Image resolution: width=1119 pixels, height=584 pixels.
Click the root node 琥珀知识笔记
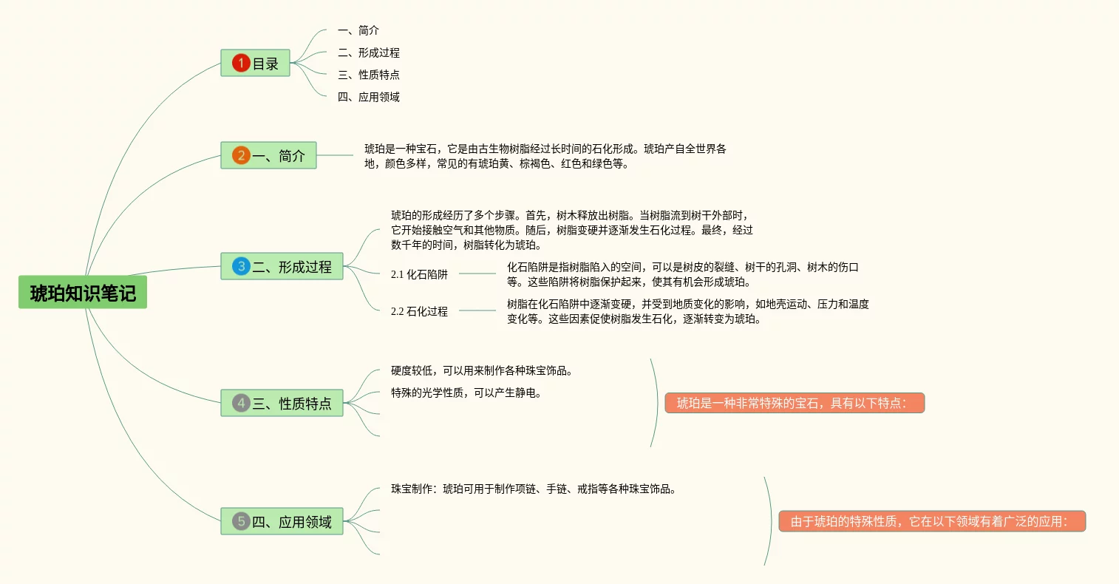click(x=83, y=293)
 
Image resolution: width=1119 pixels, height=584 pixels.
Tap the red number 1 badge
click(x=241, y=64)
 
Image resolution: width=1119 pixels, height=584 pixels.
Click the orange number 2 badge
click(x=241, y=155)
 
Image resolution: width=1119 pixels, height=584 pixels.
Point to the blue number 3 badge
click(x=241, y=266)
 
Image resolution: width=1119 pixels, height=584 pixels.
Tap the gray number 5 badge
click(x=241, y=521)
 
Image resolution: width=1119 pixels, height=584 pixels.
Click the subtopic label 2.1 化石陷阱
click(x=419, y=274)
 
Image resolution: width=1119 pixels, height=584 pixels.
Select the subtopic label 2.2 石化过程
click(x=419, y=311)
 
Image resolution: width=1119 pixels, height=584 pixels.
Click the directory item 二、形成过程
click(x=368, y=52)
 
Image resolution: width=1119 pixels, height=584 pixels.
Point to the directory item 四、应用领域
click(x=368, y=97)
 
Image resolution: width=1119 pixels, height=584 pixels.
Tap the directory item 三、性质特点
click(x=368, y=75)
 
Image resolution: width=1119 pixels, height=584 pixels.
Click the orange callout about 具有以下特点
click(x=795, y=403)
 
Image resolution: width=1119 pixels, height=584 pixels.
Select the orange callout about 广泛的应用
click(x=931, y=521)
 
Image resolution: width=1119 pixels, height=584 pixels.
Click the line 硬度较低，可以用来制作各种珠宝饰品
click(x=482, y=370)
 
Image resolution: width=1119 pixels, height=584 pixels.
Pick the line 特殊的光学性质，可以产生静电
click(x=466, y=393)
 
